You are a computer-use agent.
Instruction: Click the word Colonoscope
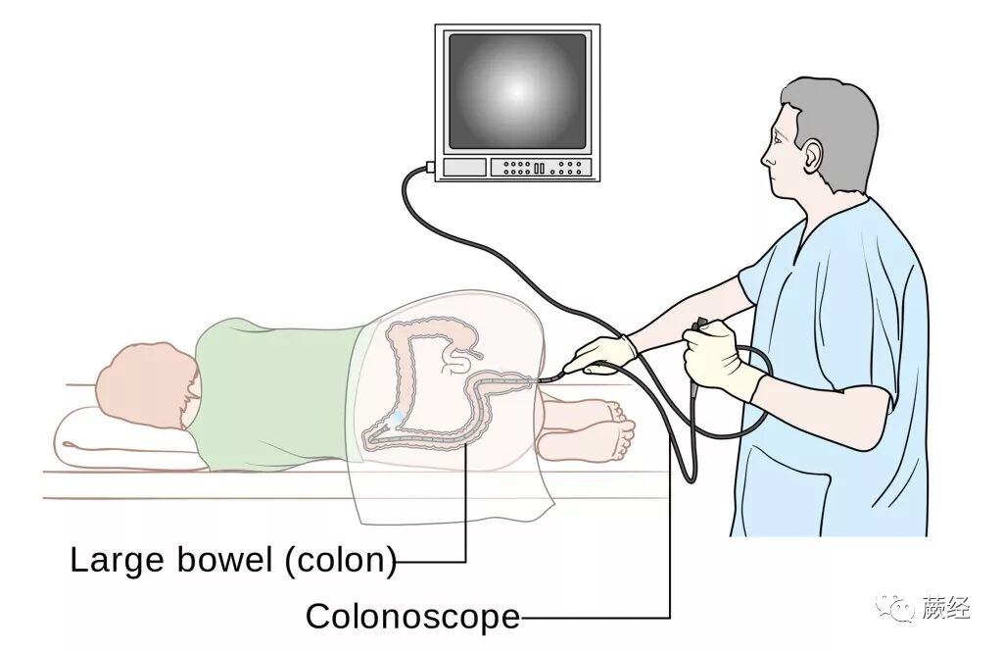(412, 617)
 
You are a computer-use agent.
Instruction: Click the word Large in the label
(111, 561)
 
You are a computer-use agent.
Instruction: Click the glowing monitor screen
(516, 90)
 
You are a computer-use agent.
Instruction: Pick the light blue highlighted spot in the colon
(394, 420)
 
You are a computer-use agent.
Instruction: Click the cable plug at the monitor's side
(430, 168)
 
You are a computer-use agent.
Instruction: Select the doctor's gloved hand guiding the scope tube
(600, 353)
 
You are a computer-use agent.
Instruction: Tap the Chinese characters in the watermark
(945, 609)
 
